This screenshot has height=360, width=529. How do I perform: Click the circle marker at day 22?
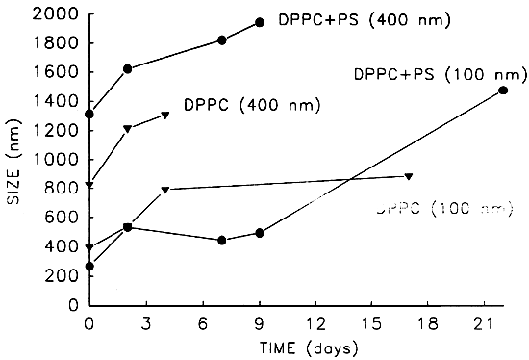click(503, 90)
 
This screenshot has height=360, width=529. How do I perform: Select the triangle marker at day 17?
click(409, 176)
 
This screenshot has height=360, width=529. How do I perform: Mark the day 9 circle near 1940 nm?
click(259, 22)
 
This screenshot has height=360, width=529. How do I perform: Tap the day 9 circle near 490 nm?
click(259, 233)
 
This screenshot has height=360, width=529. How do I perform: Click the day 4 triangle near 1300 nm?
click(165, 116)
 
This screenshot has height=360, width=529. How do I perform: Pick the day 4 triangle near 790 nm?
click(165, 190)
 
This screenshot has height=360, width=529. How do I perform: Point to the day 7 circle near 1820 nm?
click(222, 39)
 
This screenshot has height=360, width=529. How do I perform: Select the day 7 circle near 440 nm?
click(222, 241)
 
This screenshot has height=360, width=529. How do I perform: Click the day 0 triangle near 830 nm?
click(90, 184)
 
